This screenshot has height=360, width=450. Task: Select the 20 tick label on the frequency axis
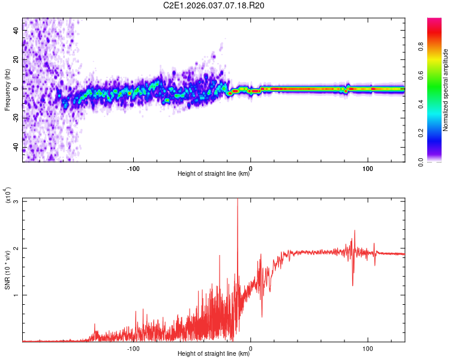pos(16,59)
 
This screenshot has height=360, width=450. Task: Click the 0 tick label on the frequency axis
pos(16,89)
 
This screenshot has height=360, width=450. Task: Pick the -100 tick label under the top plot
pos(133,167)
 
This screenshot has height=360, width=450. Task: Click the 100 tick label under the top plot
pos(367,167)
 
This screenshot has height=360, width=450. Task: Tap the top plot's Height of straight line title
pos(214,175)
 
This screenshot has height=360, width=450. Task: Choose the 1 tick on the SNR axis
pos(16,295)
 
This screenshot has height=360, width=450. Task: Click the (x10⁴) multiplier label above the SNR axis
pos(8,196)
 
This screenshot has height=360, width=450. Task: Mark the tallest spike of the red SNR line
pos(238,200)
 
